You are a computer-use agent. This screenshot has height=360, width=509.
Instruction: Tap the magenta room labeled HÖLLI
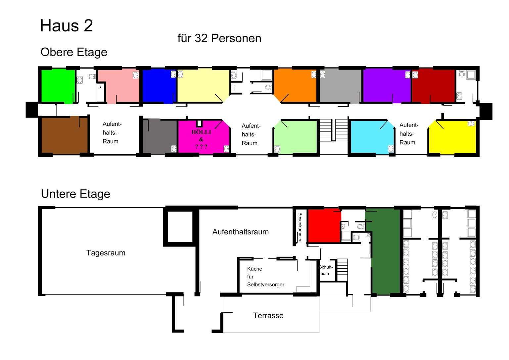[x=204, y=137]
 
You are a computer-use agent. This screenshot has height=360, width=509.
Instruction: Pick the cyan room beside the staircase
[x=372, y=137]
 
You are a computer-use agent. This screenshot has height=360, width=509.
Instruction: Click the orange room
[x=295, y=85]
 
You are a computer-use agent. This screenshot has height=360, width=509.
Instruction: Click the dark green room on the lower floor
[x=385, y=251]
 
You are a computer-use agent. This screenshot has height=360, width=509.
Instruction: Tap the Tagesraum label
[x=106, y=253]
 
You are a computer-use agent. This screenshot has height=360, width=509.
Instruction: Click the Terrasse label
[x=268, y=315]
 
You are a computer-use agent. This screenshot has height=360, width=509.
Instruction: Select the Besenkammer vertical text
[x=300, y=227]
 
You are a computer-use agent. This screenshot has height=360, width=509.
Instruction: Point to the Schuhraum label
[x=325, y=270]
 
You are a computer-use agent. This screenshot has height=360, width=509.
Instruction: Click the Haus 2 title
[x=66, y=25]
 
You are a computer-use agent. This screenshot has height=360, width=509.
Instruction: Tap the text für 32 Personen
[x=219, y=38]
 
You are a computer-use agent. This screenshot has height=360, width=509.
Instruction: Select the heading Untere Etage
[x=75, y=194]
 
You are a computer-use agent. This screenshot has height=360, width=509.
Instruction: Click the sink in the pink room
[x=136, y=75]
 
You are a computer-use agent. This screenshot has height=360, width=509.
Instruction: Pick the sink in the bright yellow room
[x=471, y=123]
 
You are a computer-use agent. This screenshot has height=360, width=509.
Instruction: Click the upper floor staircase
[x=334, y=130]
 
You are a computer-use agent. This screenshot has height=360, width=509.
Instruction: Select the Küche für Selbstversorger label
[x=266, y=277]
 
